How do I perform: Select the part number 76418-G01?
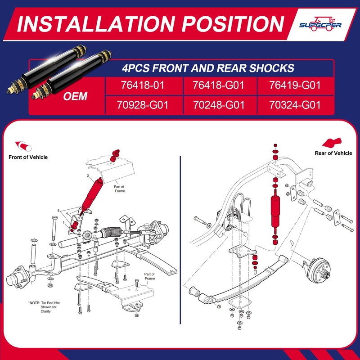click(218, 85)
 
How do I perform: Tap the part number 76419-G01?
click(295, 85)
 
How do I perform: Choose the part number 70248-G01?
click(218, 106)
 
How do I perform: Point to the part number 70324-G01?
click(295, 106)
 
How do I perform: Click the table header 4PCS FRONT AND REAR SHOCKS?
click(208, 68)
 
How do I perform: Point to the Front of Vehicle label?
click(28, 157)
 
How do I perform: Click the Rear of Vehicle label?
click(333, 153)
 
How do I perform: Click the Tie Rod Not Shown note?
click(44, 307)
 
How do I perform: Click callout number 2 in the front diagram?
click(88, 175)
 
